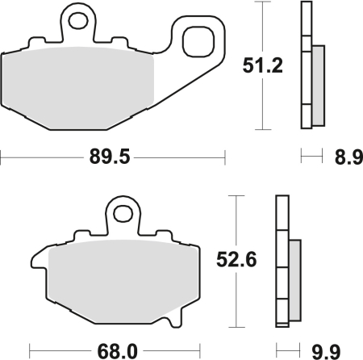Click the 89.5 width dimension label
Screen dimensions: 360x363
tap(111, 157)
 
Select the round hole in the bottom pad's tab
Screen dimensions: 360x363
tap(123, 214)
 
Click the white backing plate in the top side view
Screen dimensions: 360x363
tap(306, 65)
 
